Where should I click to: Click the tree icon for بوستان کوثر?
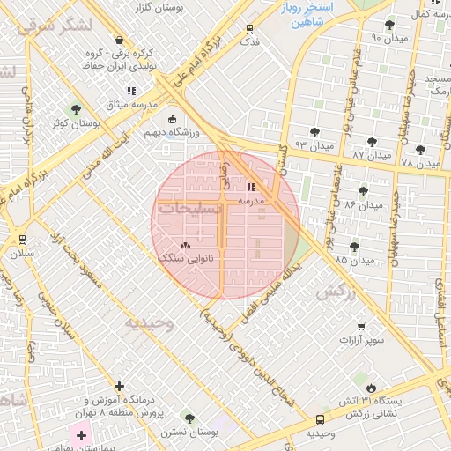coord(77,109)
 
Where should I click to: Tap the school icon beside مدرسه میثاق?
coord(132,90)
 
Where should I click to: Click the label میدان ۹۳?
coord(314,144)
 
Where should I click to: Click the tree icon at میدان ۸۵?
coord(355,247)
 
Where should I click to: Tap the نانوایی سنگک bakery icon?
coord(185,246)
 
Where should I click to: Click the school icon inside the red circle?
coord(252,187)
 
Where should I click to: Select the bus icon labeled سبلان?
coord(21,239)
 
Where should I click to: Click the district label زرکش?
coord(336,292)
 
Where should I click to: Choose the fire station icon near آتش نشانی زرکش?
coord(372,388)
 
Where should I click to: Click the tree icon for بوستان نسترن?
coord(189,418)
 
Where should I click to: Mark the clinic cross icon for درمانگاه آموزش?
coord(119,386)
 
